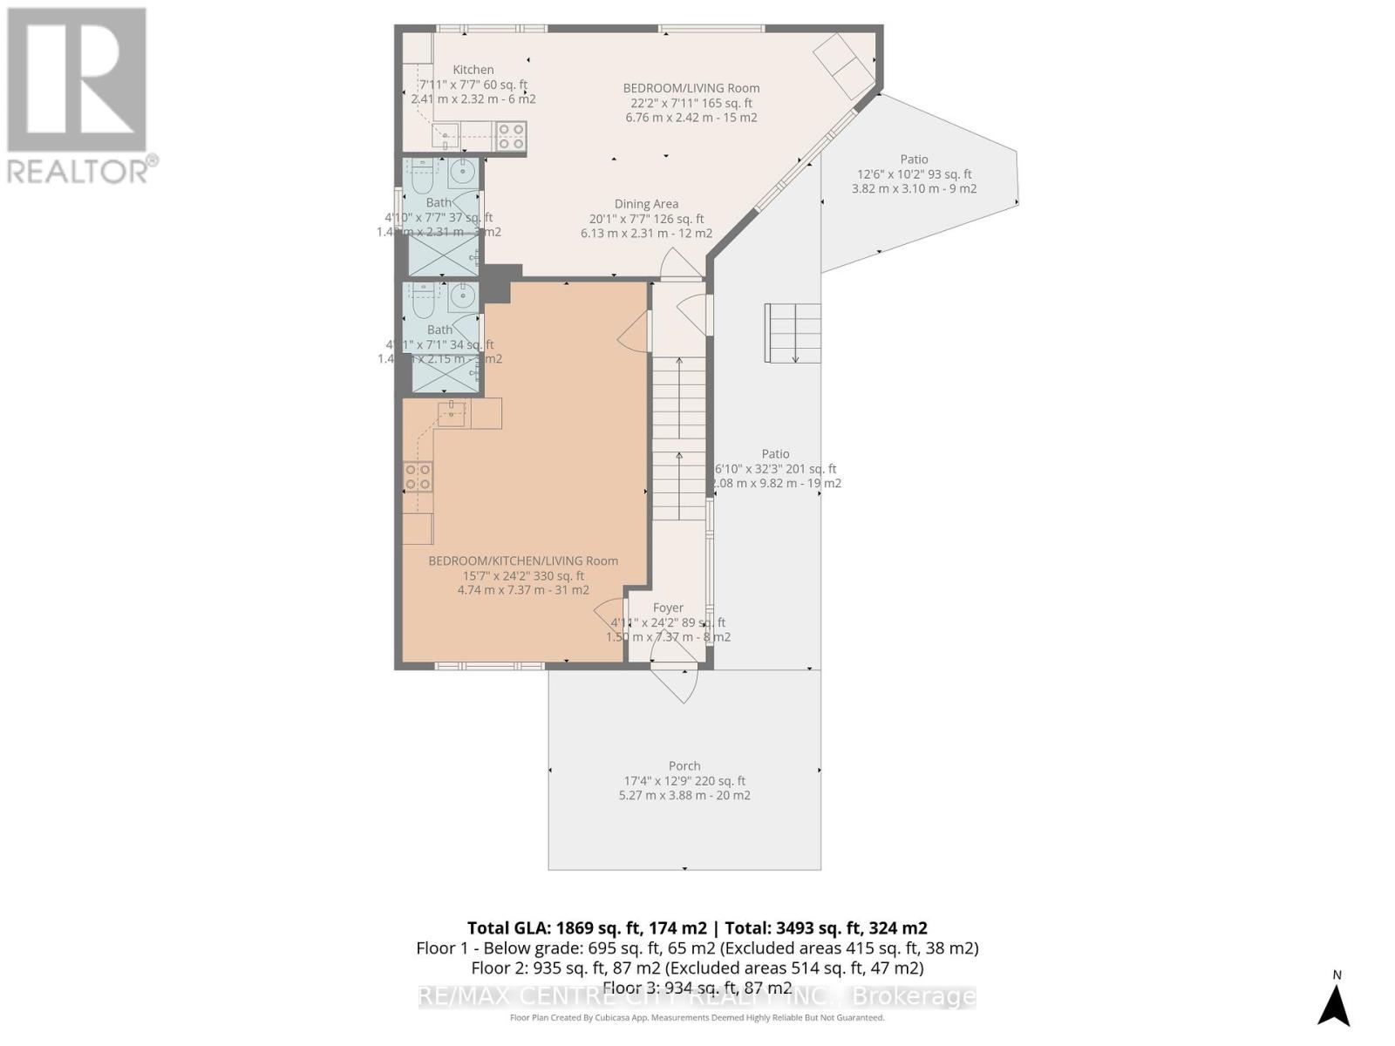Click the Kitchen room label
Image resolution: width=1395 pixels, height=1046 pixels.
click(x=473, y=70)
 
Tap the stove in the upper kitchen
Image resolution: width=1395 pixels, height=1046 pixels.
click(x=511, y=135)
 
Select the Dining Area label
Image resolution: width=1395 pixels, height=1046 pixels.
click(x=646, y=205)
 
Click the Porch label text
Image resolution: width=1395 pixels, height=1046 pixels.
click(x=684, y=766)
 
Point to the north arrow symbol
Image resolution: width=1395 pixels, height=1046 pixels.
click(x=1334, y=1004)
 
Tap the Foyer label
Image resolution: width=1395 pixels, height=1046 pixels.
click(x=668, y=608)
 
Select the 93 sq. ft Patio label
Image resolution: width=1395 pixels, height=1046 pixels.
click(x=914, y=160)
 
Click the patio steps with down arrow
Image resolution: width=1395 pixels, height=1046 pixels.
click(x=793, y=333)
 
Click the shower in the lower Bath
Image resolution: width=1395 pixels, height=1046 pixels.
click(x=444, y=374)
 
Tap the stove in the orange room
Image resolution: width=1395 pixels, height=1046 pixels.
click(x=418, y=477)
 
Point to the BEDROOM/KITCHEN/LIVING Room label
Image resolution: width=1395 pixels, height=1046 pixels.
click(x=523, y=560)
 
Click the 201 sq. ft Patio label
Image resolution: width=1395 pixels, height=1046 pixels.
click(x=775, y=453)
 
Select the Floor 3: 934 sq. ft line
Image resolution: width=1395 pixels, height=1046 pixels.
click(x=697, y=988)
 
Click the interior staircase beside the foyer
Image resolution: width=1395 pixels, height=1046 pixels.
click(x=679, y=436)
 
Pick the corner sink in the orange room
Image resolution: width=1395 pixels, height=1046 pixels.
click(x=453, y=413)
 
